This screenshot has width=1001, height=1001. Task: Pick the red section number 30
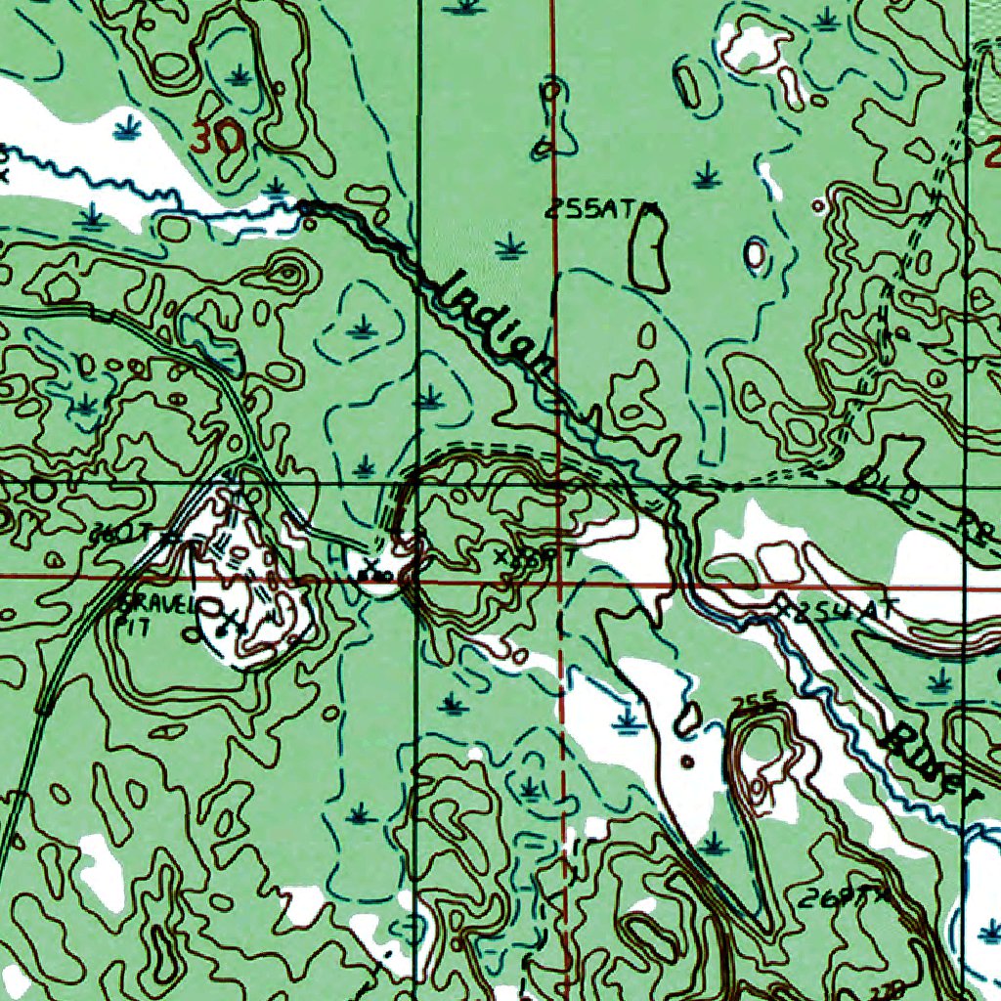click(x=216, y=140)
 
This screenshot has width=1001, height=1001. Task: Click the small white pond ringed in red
click(x=755, y=254)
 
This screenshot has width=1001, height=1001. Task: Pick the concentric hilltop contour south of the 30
click(x=284, y=273)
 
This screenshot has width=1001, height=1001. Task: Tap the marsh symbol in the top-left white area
click(x=124, y=128)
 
